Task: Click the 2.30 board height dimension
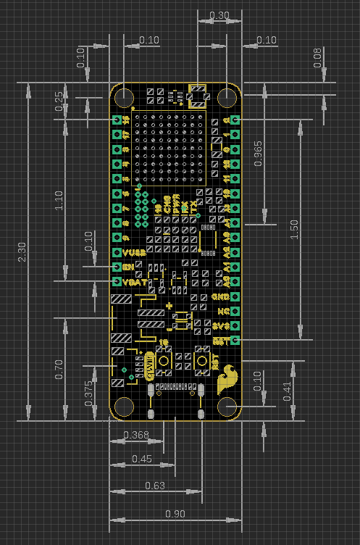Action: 22,251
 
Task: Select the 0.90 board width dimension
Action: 175,514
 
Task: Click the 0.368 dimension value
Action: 136,435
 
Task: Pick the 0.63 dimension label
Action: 155,485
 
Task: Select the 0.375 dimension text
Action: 88,392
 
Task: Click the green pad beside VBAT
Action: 117,281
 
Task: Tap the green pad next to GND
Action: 234,296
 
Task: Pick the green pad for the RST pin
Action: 234,340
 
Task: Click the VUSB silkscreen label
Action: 134,252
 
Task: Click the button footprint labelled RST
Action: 202,360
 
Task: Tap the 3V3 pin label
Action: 221,325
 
